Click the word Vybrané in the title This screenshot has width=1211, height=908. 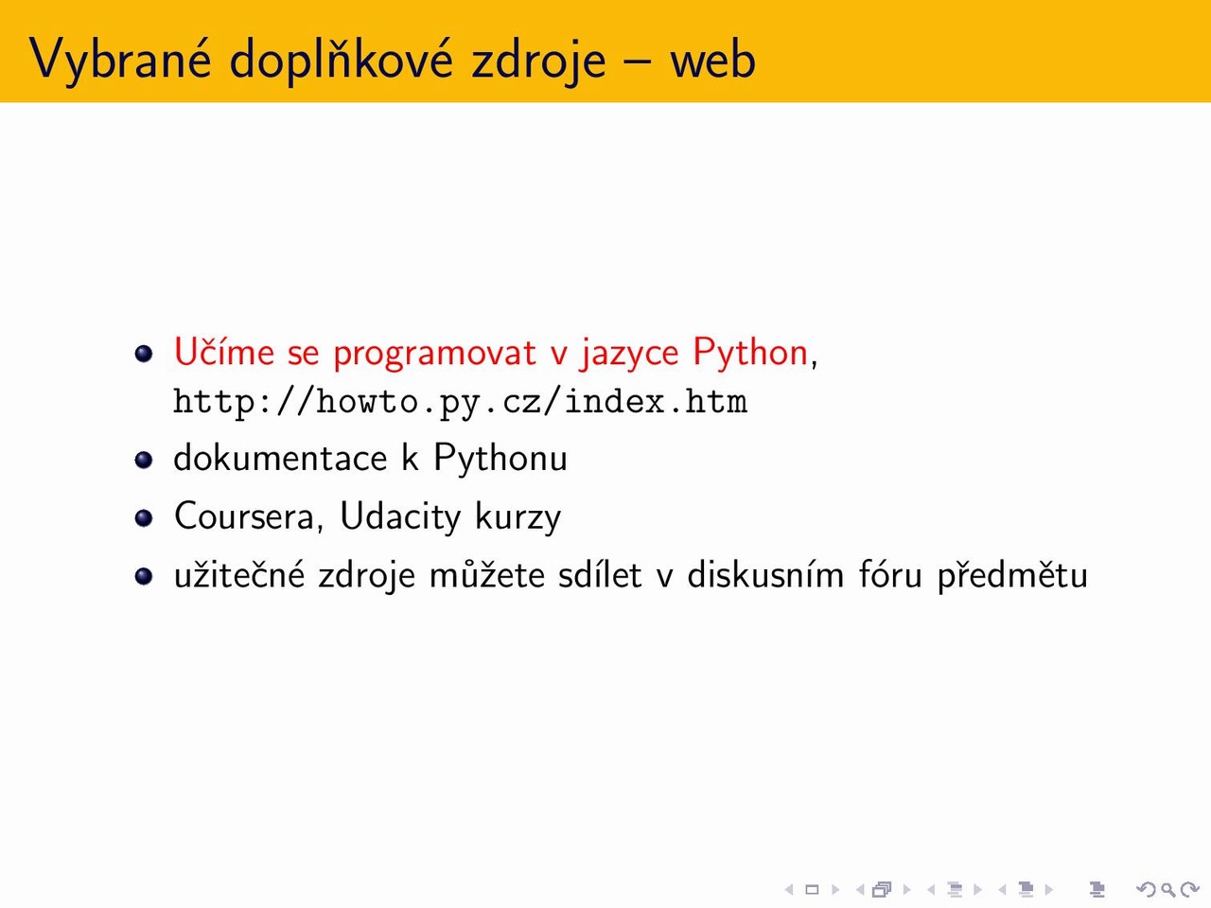coord(120,60)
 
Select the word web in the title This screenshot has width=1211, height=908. coord(712,59)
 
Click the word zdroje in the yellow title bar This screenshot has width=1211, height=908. coord(538,61)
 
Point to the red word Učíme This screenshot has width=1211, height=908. coord(224,351)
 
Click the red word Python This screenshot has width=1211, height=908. coord(750,352)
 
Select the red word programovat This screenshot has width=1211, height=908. coord(435,354)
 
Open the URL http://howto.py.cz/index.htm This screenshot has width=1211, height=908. coord(461,401)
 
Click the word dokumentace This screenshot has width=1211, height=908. coord(280,458)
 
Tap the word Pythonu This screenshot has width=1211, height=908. coord(500,459)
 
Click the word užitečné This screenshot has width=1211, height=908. coord(239,574)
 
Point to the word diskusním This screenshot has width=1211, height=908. coord(765,574)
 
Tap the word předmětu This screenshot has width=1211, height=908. coord(1012,576)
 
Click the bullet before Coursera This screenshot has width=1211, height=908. coord(144,517)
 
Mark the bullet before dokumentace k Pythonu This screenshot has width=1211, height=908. coord(144,460)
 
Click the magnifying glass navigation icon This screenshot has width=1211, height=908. coord(1168,889)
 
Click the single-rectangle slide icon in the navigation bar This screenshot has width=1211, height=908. coord(812,889)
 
